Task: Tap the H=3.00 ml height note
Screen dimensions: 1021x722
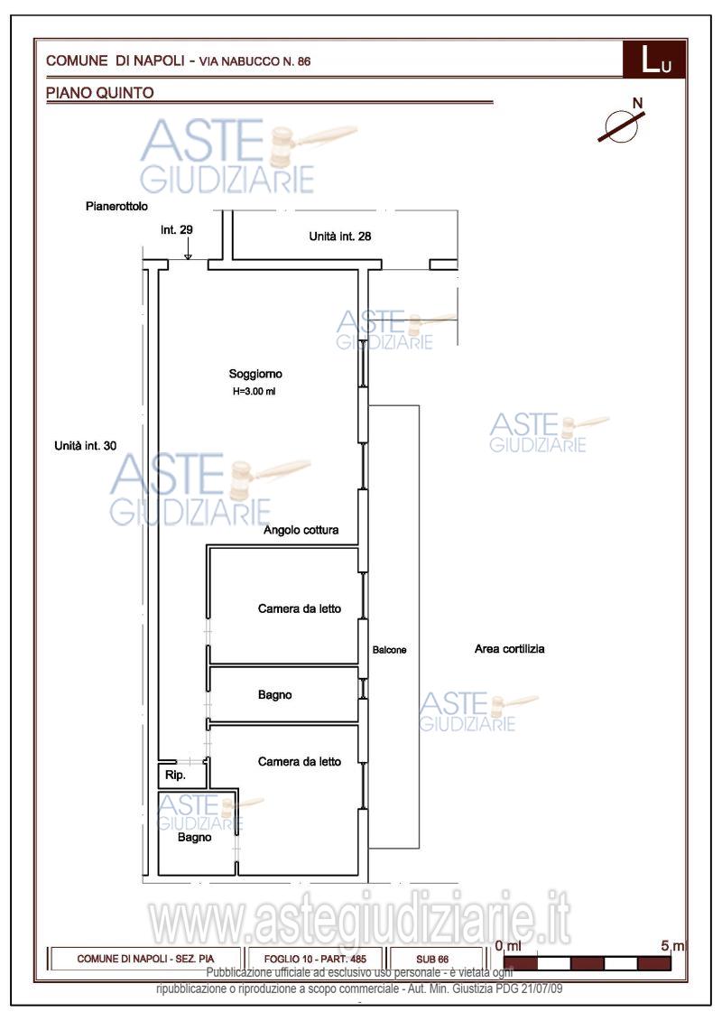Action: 254,392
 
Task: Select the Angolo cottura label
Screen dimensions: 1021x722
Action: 301,530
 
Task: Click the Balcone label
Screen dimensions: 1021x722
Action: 390,650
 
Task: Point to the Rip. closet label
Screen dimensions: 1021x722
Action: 175,775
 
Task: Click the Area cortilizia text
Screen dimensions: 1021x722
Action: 509,649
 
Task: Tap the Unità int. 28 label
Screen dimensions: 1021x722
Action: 341,237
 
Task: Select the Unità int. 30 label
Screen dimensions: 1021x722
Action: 86,445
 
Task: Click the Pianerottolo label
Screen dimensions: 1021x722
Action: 117,207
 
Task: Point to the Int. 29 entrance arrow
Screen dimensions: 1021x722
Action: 187,253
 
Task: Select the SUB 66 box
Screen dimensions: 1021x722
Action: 431,959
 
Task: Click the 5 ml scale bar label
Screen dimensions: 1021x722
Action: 671,945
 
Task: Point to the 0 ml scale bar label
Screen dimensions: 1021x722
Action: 509,945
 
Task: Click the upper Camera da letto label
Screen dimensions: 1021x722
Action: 300,609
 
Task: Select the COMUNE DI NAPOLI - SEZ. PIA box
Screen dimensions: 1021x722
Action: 145,959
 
